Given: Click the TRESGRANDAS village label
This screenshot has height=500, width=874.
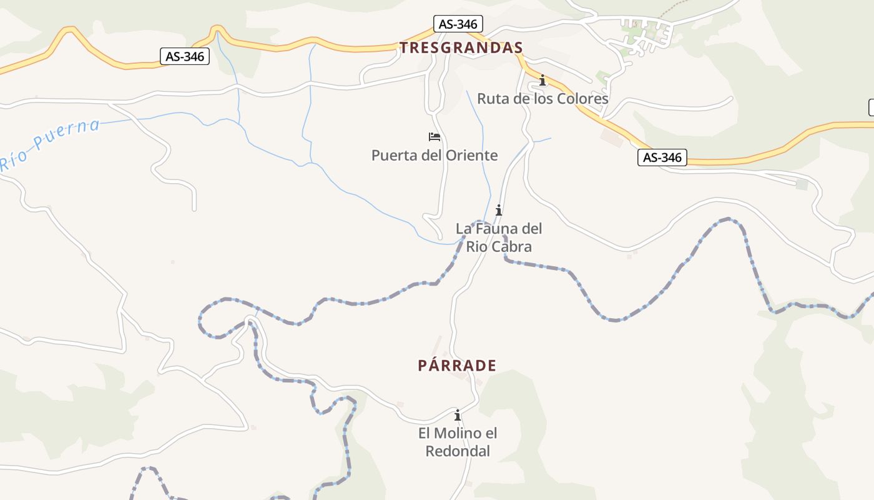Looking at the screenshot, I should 461,47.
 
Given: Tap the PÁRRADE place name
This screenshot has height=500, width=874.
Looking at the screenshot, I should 457,366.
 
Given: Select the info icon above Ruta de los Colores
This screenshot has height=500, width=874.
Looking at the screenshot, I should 543,81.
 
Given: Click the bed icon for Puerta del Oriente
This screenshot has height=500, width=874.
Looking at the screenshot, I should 435,137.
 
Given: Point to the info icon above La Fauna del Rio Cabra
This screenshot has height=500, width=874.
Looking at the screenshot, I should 498,210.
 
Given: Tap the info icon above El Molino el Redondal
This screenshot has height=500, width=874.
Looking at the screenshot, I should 458,415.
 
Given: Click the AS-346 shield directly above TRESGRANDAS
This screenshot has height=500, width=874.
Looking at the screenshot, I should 458,24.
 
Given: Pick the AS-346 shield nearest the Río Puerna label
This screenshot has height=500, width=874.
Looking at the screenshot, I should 184,56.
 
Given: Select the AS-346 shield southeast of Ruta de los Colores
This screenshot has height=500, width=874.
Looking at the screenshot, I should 662,157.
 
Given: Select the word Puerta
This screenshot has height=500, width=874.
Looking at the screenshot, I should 392,155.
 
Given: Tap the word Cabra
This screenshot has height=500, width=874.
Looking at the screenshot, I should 511,247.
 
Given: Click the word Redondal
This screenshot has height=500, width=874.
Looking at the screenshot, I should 458,451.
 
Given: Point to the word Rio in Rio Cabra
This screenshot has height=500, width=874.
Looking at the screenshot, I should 477,247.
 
